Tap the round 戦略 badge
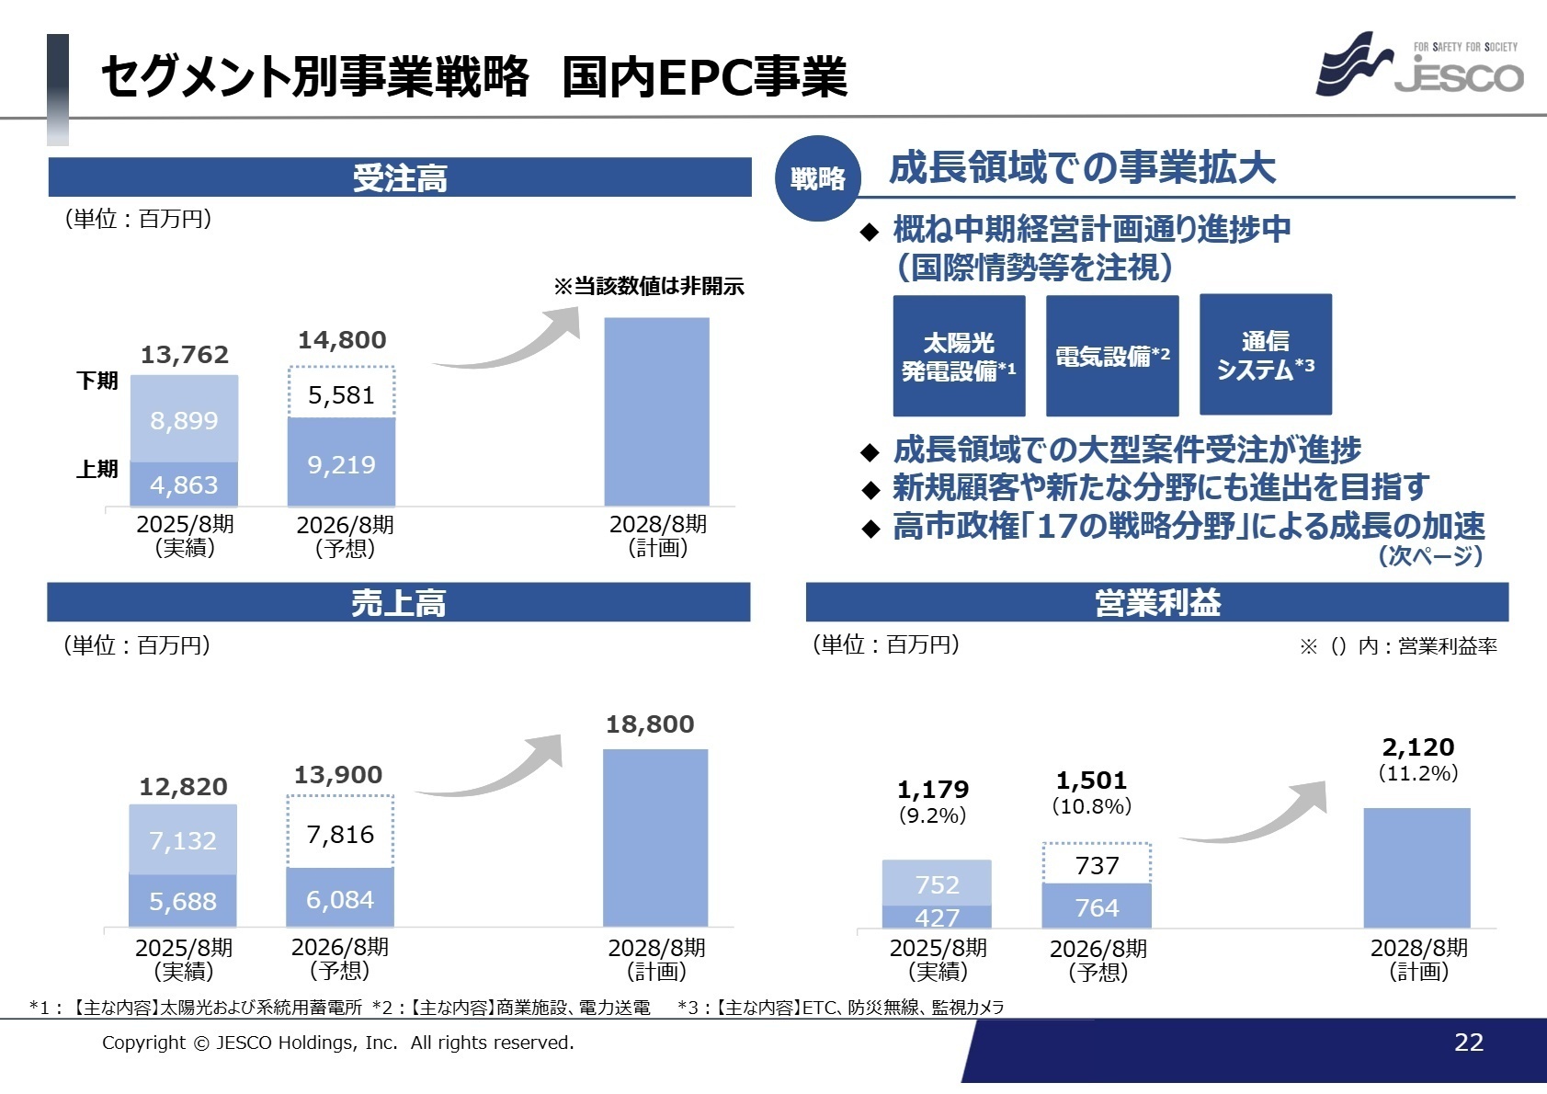point(817,178)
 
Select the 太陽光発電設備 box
point(959,356)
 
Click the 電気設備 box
point(1112,356)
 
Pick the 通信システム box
point(1265,356)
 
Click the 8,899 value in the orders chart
point(184,421)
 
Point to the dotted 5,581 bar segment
point(341,394)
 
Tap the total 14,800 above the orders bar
point(342,340)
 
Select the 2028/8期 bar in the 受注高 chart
point(656,412)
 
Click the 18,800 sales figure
point(650,724)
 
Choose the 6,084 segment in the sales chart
point(340,899)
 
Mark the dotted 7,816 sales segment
point(340,834)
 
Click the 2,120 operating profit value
point(1417,747)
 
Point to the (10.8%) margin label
point(1091,806)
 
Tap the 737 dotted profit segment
point(1097,865)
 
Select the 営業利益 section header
point(1156,603)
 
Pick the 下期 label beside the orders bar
point(97,381)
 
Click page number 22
point(1468,1042)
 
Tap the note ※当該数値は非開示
point(648,286)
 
